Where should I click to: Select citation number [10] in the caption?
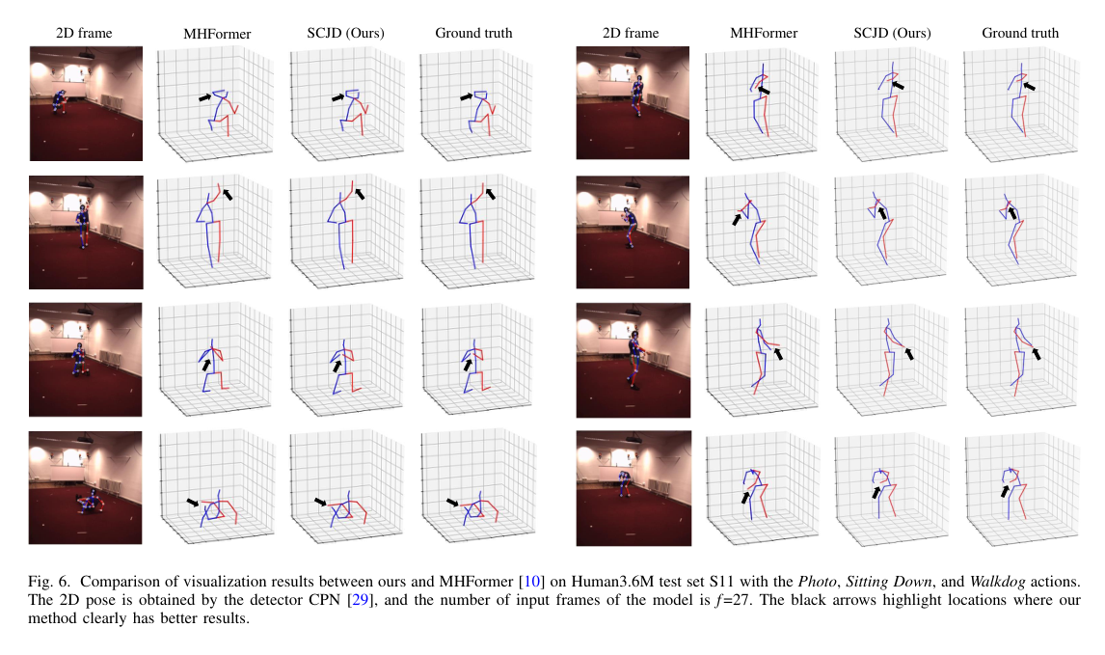pyautogui.click(x=530, y=583)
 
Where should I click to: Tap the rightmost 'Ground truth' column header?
pyautogui.click(x=1020, y=33)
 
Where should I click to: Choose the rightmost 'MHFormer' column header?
pyautogui.click(x=764, y=33)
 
